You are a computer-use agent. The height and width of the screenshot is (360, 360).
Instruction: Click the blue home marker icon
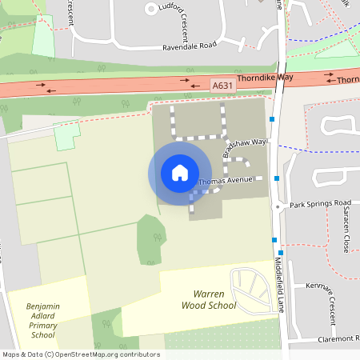click(180, 173)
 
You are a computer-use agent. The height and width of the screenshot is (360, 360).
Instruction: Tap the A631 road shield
click(222, 85)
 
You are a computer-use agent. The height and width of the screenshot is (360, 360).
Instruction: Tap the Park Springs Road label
click(320, 203)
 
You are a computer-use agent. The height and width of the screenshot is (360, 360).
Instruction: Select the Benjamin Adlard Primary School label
click(42, 320)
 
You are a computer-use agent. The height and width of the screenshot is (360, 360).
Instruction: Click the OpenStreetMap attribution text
click(80, 354)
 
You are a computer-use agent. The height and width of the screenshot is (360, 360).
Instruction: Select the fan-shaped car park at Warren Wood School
click(250, 287)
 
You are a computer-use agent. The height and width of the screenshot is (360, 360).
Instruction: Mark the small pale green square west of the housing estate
click(67, 137)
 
